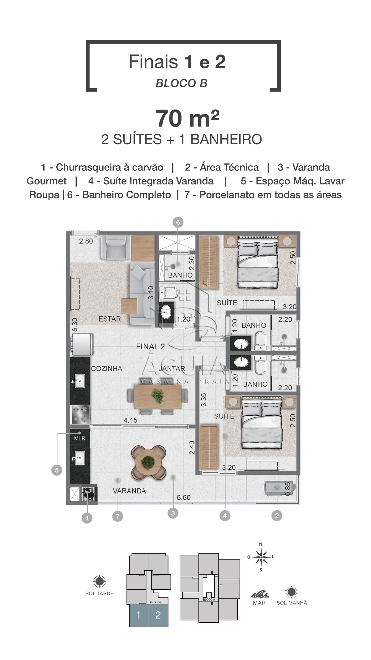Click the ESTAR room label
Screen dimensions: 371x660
click(109, 319)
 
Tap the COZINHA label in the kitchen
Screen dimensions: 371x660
click(107, 369)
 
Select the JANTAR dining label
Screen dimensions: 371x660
click(172, 369)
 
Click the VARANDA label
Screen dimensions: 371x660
click(129, 491)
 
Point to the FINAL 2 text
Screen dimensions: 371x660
click(151, 347)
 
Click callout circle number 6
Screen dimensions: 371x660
click(178, 222)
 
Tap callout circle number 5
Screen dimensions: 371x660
click(57, 471)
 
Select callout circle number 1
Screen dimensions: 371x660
click(87, 518)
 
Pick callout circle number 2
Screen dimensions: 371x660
click(277, 515)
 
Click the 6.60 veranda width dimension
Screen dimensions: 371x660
click(184, 497)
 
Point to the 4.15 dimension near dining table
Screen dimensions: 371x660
click(130, 421)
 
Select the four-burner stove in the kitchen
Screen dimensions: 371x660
click(80, 414)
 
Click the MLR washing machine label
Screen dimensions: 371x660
click(80, 438)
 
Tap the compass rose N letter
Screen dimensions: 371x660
click(261, 544)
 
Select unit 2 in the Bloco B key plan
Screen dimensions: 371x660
click(158, 615)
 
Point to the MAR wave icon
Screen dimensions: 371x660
click(259, 594)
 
